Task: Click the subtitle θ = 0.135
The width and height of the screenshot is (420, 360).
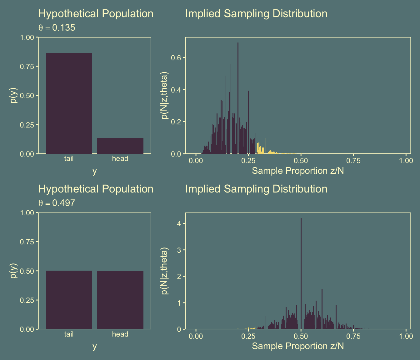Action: point(57,28)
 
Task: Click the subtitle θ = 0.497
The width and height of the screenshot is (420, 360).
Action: point(57,203)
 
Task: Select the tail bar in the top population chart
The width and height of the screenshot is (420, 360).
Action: point(69,103)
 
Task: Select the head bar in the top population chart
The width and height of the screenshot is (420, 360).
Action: point(120,146)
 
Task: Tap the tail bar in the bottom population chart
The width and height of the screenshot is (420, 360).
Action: point(69,300)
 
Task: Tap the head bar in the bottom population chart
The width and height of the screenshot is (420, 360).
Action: point(120,300)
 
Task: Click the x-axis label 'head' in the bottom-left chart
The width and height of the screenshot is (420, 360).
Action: point(120,334)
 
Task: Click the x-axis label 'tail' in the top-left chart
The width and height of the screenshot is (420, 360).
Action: point(69,159)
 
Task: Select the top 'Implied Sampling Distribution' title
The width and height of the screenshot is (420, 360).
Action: point(256,14)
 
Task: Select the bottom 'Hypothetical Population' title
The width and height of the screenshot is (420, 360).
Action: point(96,189)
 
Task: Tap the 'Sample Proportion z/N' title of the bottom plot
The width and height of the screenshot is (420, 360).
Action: point(298,346)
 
